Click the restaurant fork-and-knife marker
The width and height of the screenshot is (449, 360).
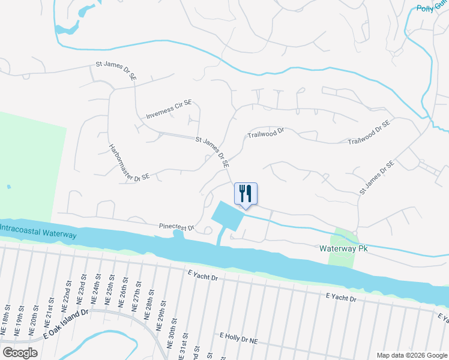tap(246, 194)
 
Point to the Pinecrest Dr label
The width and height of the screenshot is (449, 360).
tap(177, 227)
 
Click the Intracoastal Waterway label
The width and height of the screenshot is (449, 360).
tap(38, 231)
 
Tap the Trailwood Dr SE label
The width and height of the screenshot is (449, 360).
tap(369, 134)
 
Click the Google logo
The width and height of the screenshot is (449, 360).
tap(20, 353)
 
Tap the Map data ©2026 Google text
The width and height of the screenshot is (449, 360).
tap(411, 355)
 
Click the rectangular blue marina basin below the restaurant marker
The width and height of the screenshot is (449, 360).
tap(227, 216)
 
